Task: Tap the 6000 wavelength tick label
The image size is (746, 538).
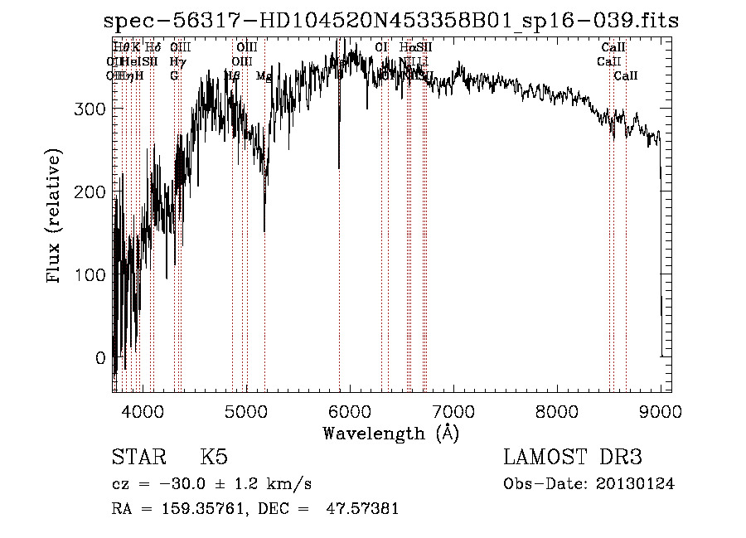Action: [x=350, y=410]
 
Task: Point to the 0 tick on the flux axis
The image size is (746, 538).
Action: [x=100, y=358]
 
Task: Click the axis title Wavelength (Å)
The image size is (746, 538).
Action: [x=390, y=433]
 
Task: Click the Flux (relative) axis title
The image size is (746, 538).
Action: [x=56, y=217]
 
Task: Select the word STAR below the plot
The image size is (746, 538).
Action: [x=138, y=458]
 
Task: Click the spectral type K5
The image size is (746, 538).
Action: [x=215, y=458]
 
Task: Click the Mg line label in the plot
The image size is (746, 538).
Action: [x=264, y=76]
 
